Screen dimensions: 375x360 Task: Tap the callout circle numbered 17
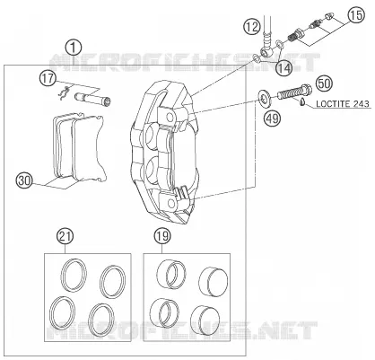point(48,79)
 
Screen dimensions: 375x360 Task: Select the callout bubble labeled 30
point(24,181)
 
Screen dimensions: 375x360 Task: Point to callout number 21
point(65,236)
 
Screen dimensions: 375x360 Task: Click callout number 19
point(162,236)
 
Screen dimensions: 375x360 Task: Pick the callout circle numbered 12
point(252,27)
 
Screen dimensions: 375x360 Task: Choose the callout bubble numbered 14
point(283,68)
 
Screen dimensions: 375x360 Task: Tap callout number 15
point(356,15)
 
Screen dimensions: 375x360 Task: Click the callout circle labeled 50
point(325,83)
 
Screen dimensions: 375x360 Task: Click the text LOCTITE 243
point(343,104)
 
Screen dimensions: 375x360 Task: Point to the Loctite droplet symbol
point(302,102)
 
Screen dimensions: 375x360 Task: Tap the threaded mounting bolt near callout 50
point(295,92)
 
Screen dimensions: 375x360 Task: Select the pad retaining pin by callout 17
point(92,99)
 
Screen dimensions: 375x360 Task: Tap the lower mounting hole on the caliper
point(171,204)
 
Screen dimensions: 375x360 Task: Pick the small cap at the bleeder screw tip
point(330,16)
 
